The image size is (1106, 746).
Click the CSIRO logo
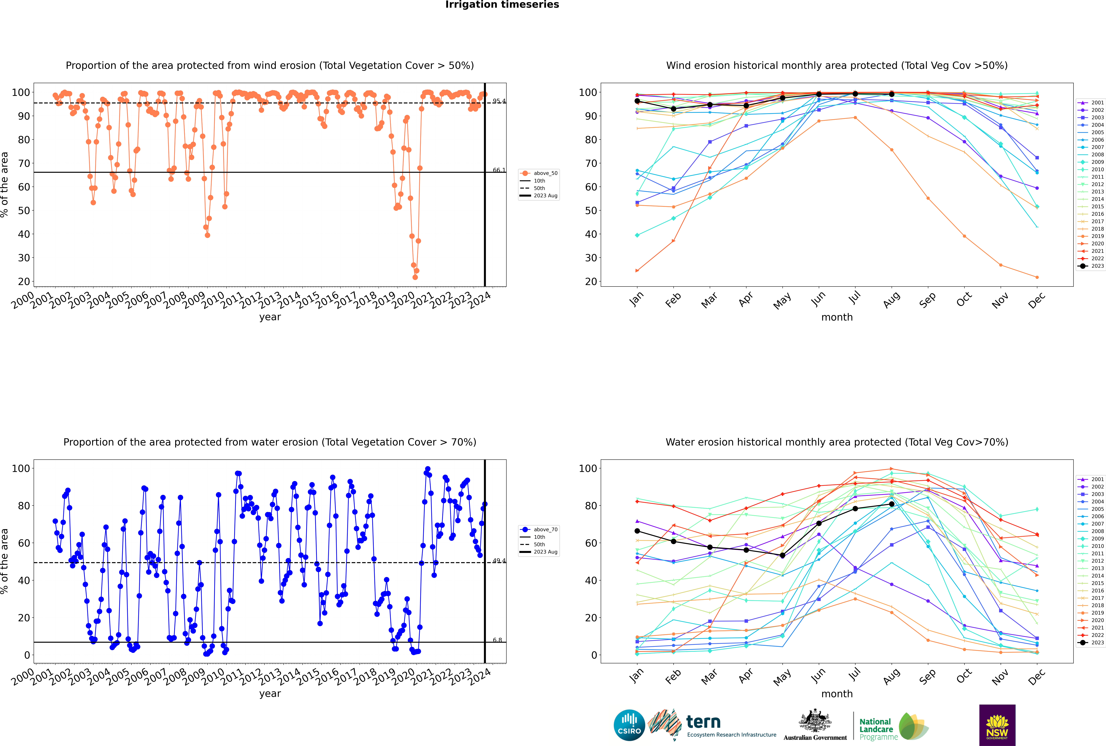(x=629, y=725)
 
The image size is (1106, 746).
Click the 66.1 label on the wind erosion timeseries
(x=499, y=170)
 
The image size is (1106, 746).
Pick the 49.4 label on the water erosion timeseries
(x=499, y=561)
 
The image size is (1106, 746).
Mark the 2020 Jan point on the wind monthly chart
(x=637, y=271)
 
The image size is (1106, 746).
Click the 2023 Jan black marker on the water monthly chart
(x=637, y=531)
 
